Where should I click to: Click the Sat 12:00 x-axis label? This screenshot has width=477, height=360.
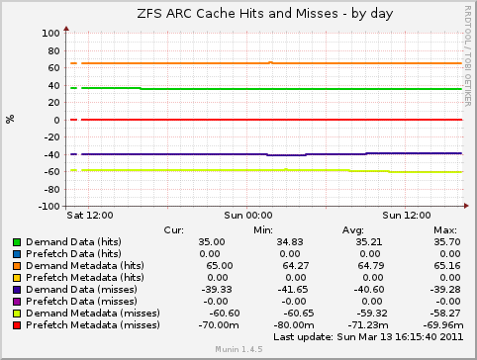click(x=89, y=214)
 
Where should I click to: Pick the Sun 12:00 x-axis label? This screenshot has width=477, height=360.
click(x=406, y=214)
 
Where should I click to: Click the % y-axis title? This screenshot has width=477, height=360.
click(x=11, y=119)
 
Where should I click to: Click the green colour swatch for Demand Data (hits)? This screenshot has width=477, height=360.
click(x=17, y=241)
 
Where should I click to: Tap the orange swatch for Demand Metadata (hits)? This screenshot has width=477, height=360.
click(x=17, y=266)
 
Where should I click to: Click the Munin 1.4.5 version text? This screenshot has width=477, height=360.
click(x=238, y=350)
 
